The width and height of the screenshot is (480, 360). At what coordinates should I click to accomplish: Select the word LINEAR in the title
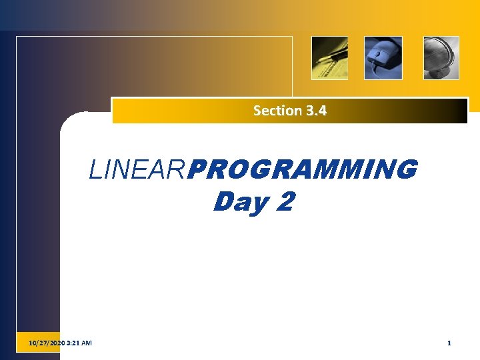coord(138,171)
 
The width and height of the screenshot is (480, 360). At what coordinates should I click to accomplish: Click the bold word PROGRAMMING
coord(303,171)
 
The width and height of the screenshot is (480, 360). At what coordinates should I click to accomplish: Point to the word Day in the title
coord(239,201)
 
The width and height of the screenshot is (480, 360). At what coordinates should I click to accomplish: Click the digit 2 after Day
coord(283,201)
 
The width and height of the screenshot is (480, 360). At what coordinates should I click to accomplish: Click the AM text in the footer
coord(87,343)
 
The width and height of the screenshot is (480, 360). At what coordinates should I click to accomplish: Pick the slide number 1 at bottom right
coord(449,343)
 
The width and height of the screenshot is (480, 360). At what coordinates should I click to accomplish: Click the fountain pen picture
coord(330,58)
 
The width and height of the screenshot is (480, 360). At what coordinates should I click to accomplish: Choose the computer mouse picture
coord(383,58)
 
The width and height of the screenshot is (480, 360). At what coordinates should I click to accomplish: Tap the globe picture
coord(441,58)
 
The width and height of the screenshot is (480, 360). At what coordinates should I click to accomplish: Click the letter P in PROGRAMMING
coord(196,171)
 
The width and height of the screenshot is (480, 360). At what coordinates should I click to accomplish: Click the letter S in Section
coord(257,111)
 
